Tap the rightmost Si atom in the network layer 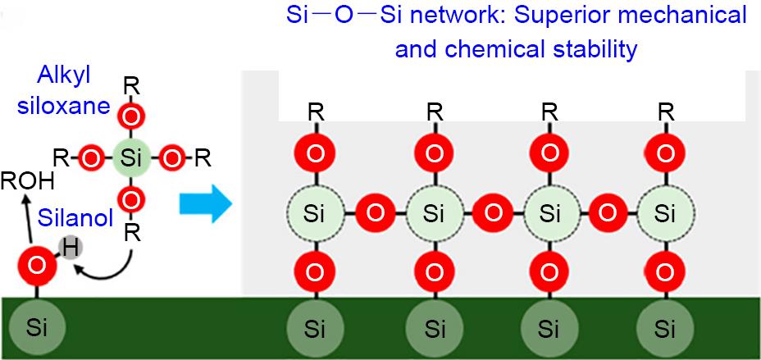point(667,214)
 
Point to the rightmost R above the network point(667,110)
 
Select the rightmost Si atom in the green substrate point(667,330)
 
